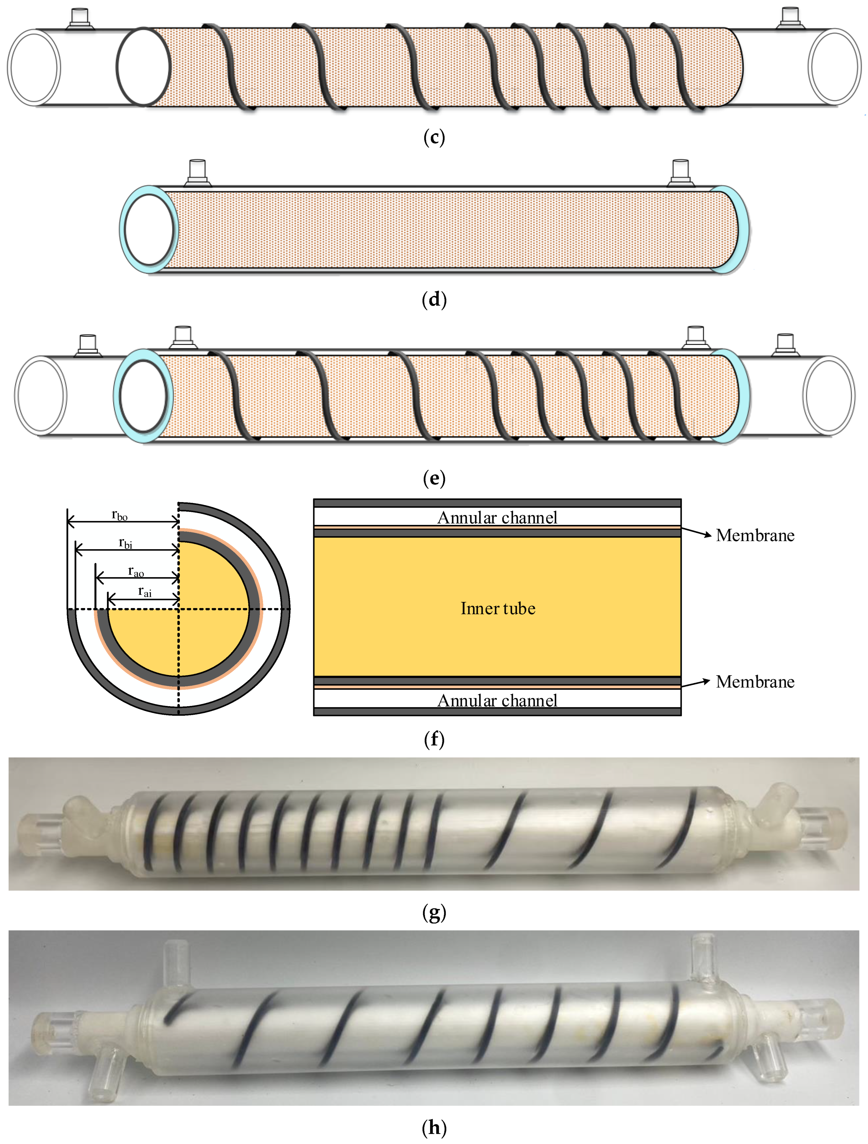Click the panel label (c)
(434, 138)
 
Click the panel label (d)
(434, 300)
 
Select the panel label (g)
(434, 913)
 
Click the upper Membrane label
(755, 535)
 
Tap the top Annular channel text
(497, 518)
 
